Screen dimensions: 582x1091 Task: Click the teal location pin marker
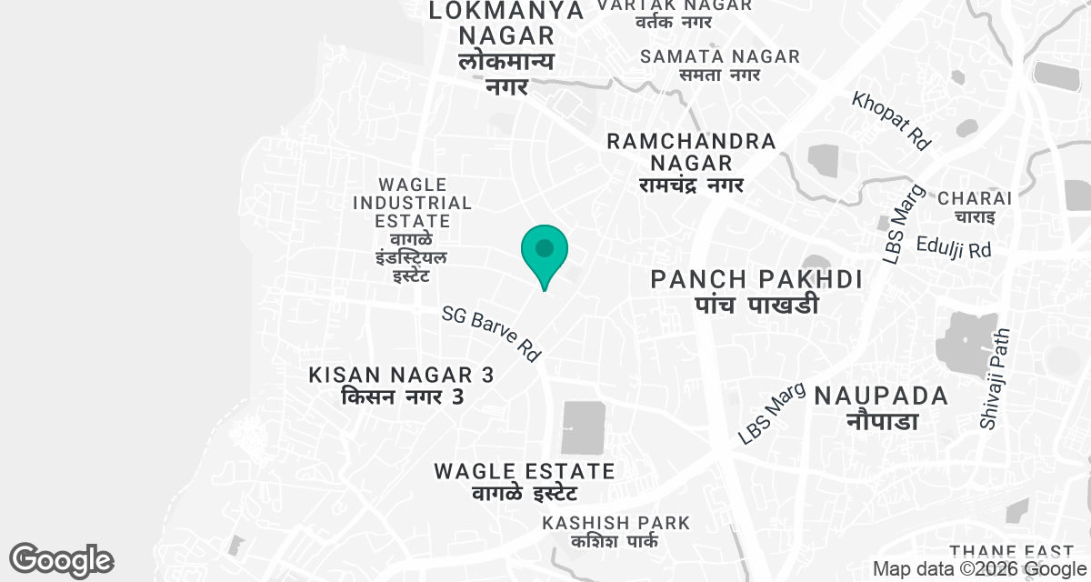545,252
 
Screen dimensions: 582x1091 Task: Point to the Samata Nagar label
720,65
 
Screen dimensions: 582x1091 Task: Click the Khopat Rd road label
893,121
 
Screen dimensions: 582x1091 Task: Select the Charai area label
975,207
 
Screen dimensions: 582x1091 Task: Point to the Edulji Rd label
954,247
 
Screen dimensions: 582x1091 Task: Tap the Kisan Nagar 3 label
402,386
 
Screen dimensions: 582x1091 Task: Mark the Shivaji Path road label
995,378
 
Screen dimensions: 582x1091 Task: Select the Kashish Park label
616,532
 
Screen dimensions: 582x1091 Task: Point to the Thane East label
1011,552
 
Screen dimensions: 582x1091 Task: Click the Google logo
61,559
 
